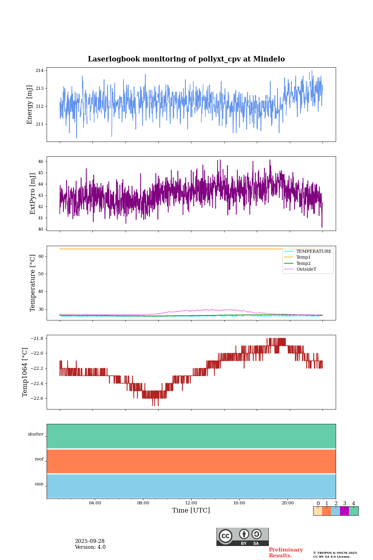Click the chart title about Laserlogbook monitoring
186,59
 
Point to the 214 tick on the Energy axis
40,70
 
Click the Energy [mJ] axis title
30,105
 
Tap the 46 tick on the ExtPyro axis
40,161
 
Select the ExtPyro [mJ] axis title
33,194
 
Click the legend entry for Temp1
303,257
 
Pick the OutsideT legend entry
306,269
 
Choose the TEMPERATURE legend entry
314,252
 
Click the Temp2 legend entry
303,264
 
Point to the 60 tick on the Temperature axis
41,256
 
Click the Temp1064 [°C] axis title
25,372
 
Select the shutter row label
36,434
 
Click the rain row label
39,484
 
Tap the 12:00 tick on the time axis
191,503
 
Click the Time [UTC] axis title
191,511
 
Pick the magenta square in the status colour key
344,511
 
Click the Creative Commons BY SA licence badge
242,537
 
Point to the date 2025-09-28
90,541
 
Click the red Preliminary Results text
286,553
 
